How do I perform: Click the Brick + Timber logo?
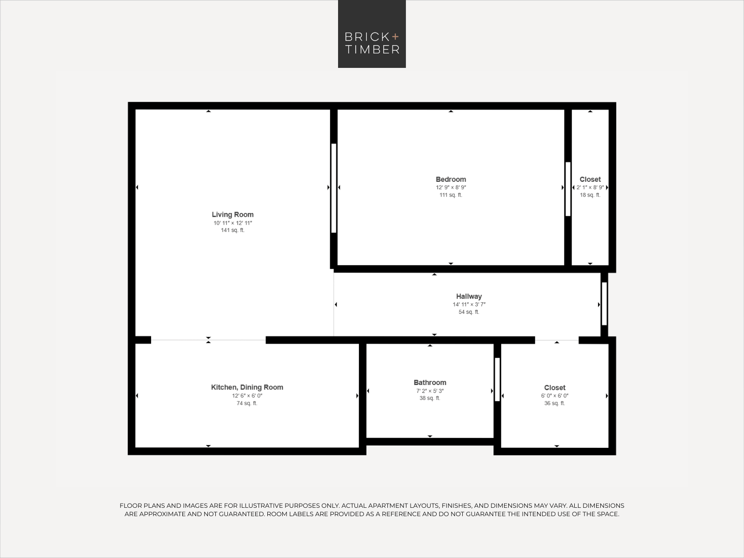pos(372,34)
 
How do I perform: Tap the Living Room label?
pos(232,214)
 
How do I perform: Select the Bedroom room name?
pos(451,179)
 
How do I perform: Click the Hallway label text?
pos(469,297)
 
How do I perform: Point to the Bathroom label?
pos(430,383)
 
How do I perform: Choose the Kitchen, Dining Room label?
pos(247,387)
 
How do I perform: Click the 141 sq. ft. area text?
pos(232,230)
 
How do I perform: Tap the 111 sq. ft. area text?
pos(451,195)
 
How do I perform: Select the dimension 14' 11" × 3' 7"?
pos(469,304)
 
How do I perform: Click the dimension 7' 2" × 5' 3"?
pos(430,391)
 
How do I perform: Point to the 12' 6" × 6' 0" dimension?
pos(247,396)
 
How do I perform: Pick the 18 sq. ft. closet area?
pos(590,195)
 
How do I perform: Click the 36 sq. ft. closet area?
pos(555,403)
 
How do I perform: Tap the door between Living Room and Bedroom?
pos(333,188)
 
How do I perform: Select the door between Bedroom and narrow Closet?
pos(568,189)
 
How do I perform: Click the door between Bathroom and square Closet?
pos(497,379)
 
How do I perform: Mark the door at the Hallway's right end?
pos(604,304)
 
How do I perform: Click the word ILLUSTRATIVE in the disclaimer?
pos(259,505)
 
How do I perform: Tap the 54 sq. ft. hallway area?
pos(469,312)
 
